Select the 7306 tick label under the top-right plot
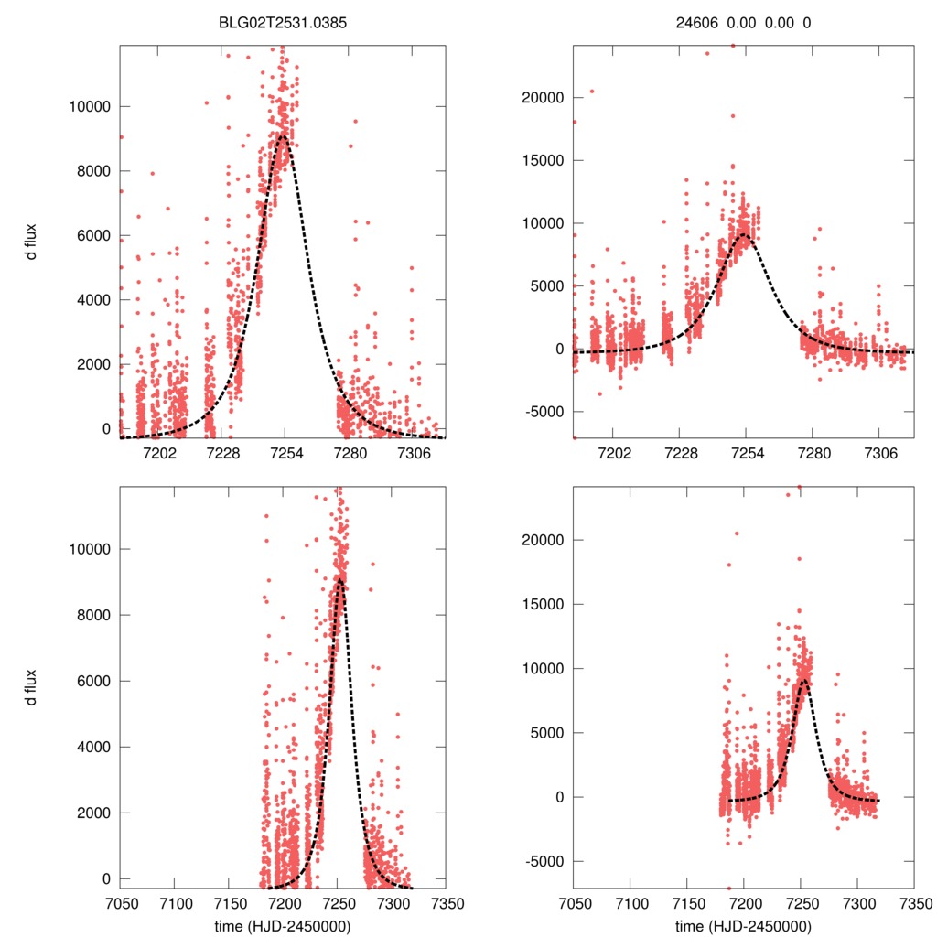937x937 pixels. click(x=880, y=453)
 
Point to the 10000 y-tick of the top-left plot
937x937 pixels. click(x=90, y=106)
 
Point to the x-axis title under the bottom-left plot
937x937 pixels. click(x=284, y=925)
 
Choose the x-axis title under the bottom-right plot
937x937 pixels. click(x=743, y=925)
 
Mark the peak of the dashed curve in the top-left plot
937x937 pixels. click(x=285, y=136)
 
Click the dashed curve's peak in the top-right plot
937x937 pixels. click(x=743, y=234)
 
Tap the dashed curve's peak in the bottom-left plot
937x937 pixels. click(x=339, y=578)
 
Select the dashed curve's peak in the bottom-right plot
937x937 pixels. click(x=802, y=680)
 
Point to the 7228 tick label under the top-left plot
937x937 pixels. click(x=222, y=453)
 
